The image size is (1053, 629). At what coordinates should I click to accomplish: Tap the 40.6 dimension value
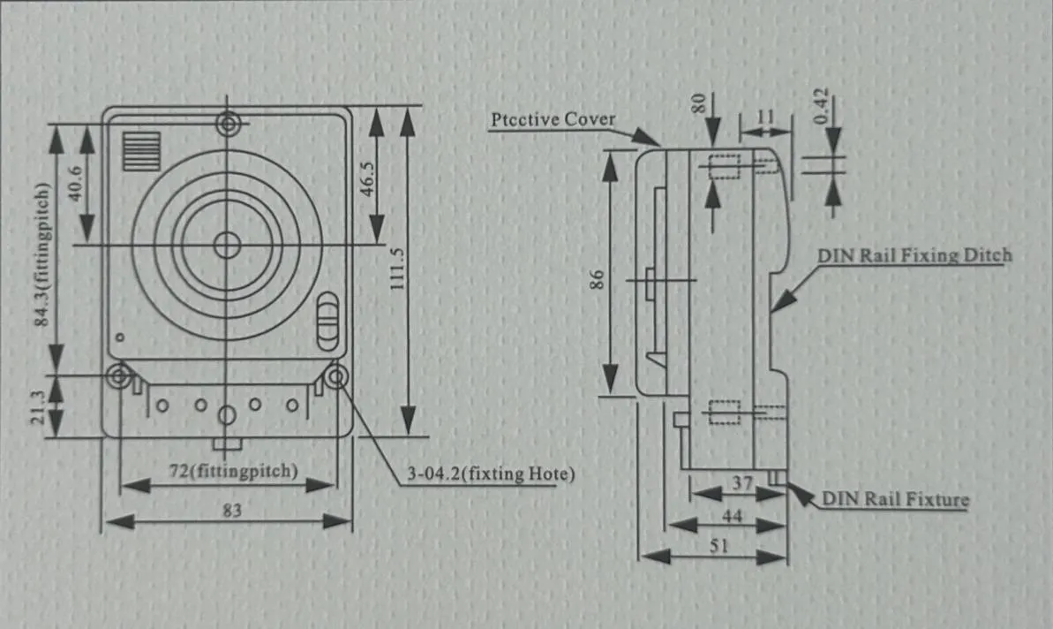pos(76,183)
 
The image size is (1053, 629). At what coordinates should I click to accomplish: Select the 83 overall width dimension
pos(231,510)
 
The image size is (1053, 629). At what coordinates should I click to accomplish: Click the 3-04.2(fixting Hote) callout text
pos(491,474)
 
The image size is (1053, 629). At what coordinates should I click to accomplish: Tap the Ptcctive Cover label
pos(553,119)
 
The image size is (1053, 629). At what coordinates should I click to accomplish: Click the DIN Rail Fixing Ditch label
pos(914,255)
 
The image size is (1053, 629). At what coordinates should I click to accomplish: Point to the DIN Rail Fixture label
pos(895,499)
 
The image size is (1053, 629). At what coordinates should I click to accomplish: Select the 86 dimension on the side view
pos(597,279)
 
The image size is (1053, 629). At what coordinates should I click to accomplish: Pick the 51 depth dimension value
pos(718,546)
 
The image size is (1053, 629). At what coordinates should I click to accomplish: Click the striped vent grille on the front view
pos(141,152)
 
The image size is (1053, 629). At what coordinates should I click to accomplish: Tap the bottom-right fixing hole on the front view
pos(335,377)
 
